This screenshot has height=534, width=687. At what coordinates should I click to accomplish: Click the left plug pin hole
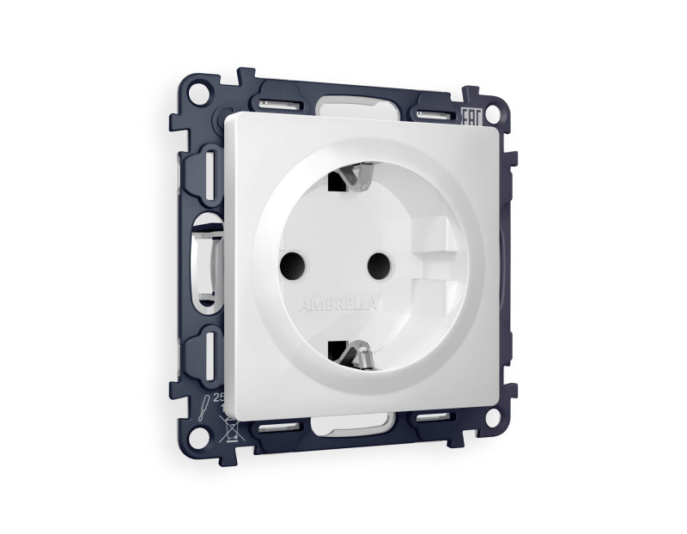tap(293, 261)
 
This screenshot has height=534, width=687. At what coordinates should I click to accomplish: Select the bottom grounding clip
tap(353, 353)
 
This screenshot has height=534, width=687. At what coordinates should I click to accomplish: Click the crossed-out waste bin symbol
tap(230, 425)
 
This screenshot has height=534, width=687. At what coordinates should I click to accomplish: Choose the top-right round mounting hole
tap(493, 112)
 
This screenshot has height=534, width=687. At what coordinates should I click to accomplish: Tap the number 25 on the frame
tap(218, 397)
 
